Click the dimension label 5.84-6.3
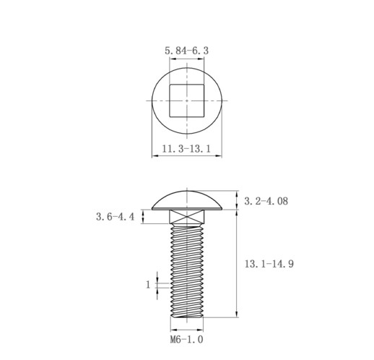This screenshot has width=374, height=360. tap(186, 51)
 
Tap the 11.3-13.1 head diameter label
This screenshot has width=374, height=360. tap(186, 148)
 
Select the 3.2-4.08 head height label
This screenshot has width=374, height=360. tap(266, 201)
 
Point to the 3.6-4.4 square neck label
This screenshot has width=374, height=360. tap(115, 217)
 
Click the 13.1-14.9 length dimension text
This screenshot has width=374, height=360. tap(269, 264)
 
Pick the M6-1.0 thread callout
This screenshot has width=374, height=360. tap(186, 340)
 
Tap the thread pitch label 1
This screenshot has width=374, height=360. tap(148, 285)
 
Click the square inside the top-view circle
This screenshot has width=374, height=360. tap(187, 100)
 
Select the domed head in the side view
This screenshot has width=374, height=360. tap(187, 200)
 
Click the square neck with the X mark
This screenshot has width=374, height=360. tap(187, 216)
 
